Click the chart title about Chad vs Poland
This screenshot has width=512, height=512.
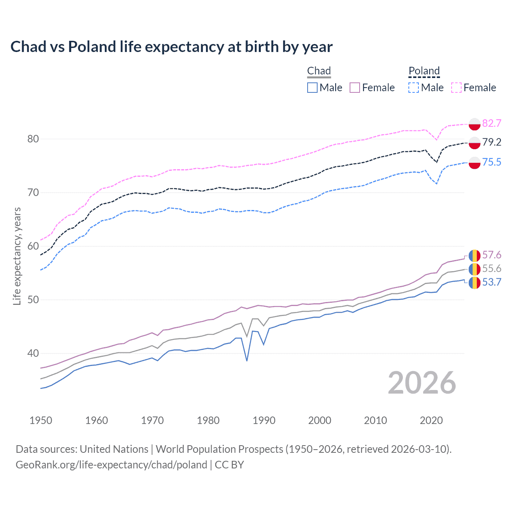171,47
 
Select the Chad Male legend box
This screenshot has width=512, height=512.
312,88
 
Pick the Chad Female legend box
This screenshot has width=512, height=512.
355,88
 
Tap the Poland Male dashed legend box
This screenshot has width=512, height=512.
414,88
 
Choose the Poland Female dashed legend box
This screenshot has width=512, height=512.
456,88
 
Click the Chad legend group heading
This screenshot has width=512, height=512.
319,71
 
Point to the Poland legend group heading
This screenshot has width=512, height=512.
424,71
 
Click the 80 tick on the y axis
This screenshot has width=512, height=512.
33,139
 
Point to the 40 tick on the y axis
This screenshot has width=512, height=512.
33,353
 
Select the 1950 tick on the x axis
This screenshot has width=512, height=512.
41,420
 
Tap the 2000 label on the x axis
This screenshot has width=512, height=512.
320,420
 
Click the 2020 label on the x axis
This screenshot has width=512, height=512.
431,420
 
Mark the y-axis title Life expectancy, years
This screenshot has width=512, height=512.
17,256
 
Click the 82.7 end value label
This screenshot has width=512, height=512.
492,123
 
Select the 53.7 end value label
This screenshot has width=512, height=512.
492,282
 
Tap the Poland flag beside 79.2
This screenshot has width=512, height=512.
474,142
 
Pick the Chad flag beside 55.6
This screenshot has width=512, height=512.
474,269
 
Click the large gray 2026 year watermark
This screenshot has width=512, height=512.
422,383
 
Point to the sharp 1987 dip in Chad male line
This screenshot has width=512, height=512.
247,360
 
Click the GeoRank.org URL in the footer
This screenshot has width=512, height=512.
111,465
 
